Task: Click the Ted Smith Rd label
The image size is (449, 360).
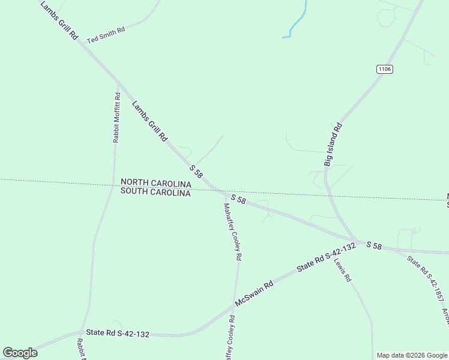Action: [106, 35]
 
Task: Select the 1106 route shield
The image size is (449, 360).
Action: [385, 70]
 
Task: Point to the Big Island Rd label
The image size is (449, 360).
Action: [333, 145]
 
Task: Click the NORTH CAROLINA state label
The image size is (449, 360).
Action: [155, 182]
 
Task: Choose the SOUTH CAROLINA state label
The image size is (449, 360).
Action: [155, 193]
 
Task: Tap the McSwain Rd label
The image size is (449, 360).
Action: [254, 294]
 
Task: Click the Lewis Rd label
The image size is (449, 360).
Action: [343, 271]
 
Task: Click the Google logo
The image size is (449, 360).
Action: [20, 353]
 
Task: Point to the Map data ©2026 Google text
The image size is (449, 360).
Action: [412, 355]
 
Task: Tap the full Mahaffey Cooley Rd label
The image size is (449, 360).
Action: [233, 231]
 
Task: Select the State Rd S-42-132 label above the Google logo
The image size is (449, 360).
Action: [118, 332]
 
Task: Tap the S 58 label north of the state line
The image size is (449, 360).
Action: [196, 170]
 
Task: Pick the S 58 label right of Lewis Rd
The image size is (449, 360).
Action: [374, 245]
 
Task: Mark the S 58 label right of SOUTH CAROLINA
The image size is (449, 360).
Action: [238, 199]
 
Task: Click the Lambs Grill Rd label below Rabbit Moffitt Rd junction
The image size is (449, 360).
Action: [149, 121]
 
